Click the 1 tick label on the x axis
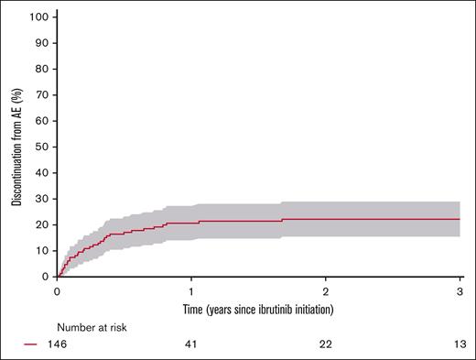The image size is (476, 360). [191, 289]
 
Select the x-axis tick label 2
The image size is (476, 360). [326, 289]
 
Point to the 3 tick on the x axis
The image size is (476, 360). [460, 289]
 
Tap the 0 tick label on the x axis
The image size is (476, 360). [58, 289]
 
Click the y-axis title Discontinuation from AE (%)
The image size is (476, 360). [16, 147]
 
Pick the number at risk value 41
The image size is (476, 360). [191, 344]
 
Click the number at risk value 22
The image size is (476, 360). [326, 344]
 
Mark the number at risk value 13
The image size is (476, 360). [458, 344]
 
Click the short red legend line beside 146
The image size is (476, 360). [31, 344]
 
